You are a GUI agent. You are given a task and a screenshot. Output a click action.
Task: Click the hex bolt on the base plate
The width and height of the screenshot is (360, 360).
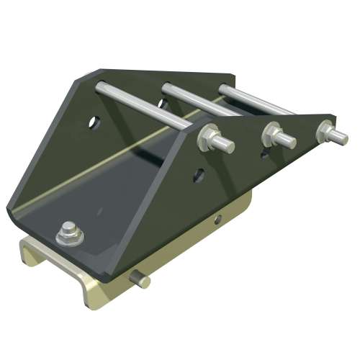(70, 231)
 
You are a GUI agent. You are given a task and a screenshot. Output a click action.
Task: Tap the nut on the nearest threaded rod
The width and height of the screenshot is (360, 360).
(212, 138)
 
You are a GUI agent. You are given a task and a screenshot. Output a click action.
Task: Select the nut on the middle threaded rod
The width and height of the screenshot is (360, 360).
(272, 132)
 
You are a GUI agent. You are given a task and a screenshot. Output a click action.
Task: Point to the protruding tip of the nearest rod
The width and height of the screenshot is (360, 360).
(228, 145)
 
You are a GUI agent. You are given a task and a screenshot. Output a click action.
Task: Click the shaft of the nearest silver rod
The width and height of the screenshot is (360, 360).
(144, 107)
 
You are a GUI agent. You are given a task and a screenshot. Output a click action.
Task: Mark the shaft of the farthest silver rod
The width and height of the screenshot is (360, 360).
(252, 99)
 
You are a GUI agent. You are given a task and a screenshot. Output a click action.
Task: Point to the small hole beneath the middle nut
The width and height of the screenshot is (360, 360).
(266, 153)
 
